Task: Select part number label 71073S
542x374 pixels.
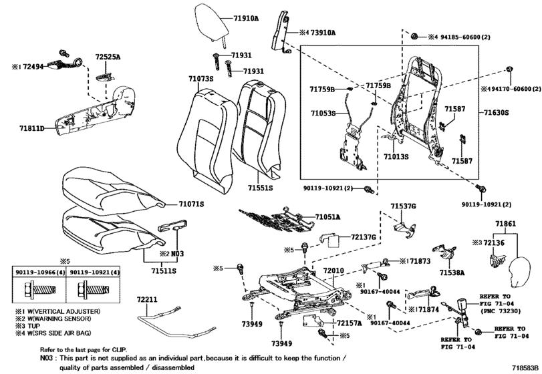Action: [x=201, y=79]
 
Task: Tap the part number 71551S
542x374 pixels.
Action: [x=260, y=188]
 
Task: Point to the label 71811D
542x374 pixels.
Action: [x=32, y=129]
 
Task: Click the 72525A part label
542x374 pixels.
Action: [x=108, y=57]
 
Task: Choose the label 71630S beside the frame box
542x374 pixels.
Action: [x=496, y=113]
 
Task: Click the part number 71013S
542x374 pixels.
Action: [x=396, y=156]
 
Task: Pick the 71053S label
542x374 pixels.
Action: [x=323, y=113]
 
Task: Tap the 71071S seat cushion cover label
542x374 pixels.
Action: [x=191, y=204]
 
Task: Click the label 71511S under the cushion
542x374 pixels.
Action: [x=164, y=270]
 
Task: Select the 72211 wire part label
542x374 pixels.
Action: [x=146, y=299]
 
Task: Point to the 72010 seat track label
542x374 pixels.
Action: [x=333, y=270]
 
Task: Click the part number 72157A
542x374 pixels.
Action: [x=349, y=323]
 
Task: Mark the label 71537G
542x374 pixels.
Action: [x=404, y=206]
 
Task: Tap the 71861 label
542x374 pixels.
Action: [x=505, y=224]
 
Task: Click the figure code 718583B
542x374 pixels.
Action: [x=525, y=367]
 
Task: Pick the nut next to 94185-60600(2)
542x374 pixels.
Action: [x=415, y=36]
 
